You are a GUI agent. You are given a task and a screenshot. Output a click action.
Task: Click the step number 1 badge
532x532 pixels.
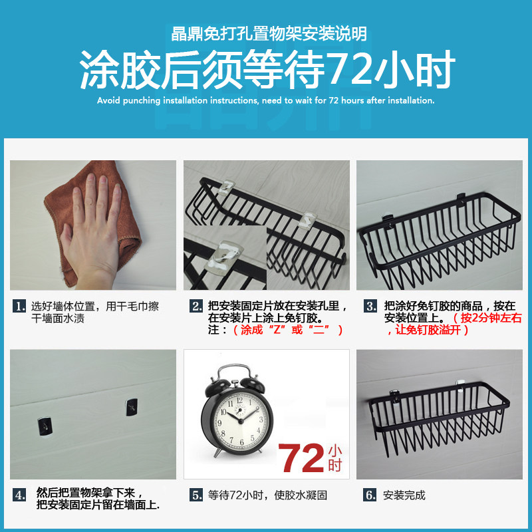point(19,306)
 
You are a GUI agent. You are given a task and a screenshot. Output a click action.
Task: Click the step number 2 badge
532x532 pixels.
point(196,306)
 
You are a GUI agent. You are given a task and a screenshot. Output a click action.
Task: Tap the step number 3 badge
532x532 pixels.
point(370,306)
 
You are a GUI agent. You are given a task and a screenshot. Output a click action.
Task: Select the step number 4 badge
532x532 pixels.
point(19,495)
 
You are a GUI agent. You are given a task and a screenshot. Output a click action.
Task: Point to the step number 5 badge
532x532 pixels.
point(196,495)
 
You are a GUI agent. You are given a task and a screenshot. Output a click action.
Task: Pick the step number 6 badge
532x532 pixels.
point(370,495)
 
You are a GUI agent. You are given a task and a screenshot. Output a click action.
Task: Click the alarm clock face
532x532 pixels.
point(240,420)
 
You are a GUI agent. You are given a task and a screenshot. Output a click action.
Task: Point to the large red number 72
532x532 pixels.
point(301,458)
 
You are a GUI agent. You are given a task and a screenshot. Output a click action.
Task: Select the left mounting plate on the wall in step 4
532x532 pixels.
point(45,426)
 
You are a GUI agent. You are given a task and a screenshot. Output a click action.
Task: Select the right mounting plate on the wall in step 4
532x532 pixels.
point(132,407)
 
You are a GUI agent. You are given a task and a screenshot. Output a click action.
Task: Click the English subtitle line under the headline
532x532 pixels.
point(265,100)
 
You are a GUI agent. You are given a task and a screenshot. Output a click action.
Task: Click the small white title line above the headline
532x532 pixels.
point(269,34)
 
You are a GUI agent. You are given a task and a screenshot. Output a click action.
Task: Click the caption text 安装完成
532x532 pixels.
point(404,495)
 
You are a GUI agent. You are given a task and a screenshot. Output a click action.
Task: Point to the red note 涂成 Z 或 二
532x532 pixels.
point(288,330)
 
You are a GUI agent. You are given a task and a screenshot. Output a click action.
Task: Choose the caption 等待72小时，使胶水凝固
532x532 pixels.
point(268,495)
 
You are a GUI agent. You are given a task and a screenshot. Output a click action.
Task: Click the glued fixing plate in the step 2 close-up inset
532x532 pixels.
point(225,255)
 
